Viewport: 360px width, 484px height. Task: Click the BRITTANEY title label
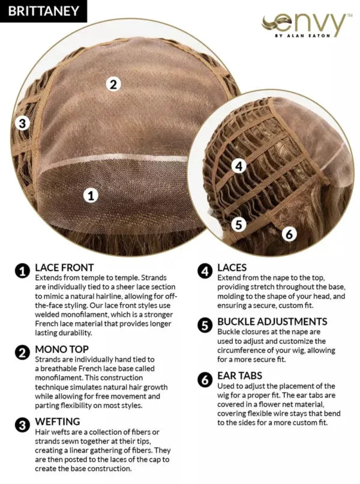[43, 11]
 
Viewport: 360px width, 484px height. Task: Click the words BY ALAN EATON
[302, 35]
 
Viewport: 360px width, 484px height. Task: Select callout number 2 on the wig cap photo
[113, 84]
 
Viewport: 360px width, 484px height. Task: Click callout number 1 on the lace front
[91, 195]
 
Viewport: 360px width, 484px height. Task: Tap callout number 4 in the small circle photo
[239, 166]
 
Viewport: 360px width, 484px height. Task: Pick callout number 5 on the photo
[239, 225]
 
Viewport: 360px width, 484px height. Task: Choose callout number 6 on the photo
[289, 234]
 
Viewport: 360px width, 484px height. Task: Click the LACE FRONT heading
[64, 267]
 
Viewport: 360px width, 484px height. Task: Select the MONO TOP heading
[62, 349]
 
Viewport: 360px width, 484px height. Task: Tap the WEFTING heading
[58, 422]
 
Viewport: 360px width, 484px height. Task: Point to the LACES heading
[232, 267]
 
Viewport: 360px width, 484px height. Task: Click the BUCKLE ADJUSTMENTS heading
[272, 322]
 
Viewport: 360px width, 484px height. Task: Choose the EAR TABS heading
[239, 376]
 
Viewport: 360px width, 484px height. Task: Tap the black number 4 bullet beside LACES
[205, 271]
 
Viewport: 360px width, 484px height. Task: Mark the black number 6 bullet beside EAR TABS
[205, 380]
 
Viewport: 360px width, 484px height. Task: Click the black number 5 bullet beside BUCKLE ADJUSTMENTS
[205, 325]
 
